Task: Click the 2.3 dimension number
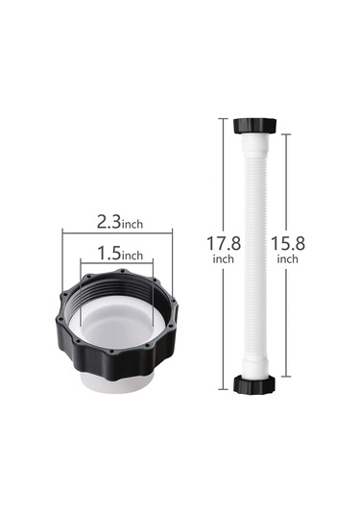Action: (109, 222)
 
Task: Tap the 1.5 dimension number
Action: (109, 253)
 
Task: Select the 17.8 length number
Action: (224, 243)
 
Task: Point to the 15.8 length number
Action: (288, 243)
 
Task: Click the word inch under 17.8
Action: (224, 259)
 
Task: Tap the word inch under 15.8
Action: (288, 259)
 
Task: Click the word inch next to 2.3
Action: (132, 224)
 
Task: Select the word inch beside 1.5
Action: (132, 255)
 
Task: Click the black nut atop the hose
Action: (254, 125)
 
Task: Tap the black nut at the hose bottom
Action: (254, 384)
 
